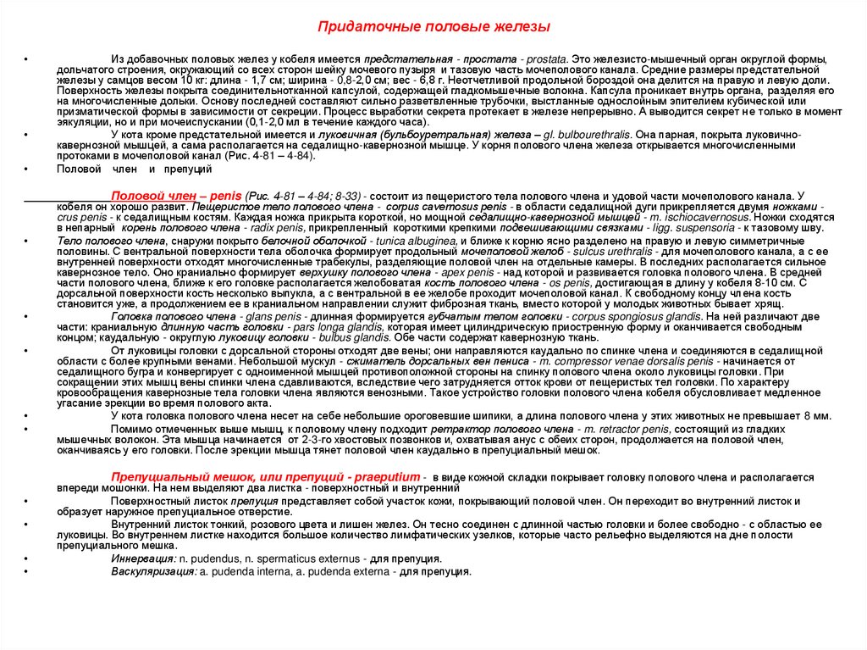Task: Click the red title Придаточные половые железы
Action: tap(433, 27)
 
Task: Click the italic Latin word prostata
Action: tap(547, 56)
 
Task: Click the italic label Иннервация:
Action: tap(143, 558)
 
